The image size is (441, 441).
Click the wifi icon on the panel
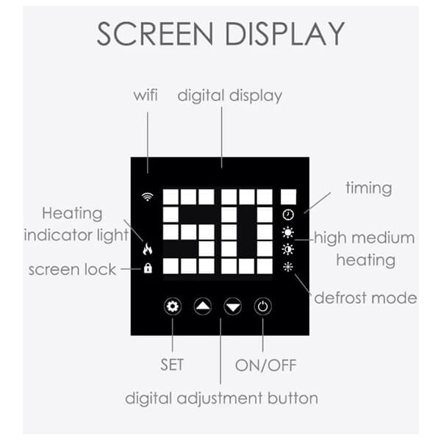point(148,197)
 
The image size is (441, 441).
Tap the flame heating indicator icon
point(148,248)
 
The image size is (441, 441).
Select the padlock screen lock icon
point(148,268)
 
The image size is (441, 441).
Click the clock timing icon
point(288,215)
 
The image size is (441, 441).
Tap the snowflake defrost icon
point(288,267)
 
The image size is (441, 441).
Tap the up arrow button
point(203,306)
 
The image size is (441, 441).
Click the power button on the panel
point(262,306)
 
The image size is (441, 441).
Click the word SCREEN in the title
point(155,34)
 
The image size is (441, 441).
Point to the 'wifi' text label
point(146,95)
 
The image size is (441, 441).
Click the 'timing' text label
point(369,188)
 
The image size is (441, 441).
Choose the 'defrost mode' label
point(365,298)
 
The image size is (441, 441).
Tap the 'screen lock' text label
point(72,270)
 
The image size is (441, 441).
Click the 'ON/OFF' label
point(266,365)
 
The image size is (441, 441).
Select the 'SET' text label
point(172,365)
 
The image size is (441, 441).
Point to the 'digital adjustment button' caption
point(221,398)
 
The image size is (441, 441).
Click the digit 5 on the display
point(189,232)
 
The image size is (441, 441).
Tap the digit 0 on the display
point(247,232)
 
